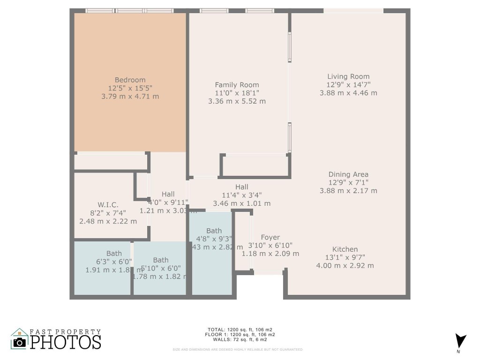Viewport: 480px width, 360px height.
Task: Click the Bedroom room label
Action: coord(130,80)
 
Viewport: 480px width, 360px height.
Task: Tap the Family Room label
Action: coord(237,85)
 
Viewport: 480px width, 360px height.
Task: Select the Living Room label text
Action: coord(348,76)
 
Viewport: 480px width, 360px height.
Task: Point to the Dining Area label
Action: coord(348,174)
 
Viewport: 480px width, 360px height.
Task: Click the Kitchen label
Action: coord(345,249)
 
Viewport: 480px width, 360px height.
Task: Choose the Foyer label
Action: coord(270,238)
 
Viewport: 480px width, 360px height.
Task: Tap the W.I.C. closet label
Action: coord(108,205)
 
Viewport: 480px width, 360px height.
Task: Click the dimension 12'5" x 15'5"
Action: coord(130,88)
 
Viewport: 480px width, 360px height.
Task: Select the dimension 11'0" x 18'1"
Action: coord(237,93)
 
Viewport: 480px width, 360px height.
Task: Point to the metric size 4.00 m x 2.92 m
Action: coord(345,265)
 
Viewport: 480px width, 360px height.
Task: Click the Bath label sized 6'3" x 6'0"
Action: coord(114,254)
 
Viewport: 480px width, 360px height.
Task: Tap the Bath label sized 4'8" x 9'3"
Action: coord(214,231)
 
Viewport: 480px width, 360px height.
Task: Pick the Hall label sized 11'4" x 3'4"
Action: coord(242,187)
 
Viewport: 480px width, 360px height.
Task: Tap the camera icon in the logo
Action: coord(19,341)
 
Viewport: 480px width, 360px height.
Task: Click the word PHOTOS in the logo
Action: coord(66,342)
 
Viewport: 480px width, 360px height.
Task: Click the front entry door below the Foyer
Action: coord(269,272)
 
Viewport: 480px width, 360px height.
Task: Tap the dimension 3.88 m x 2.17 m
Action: coord(348,191)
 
